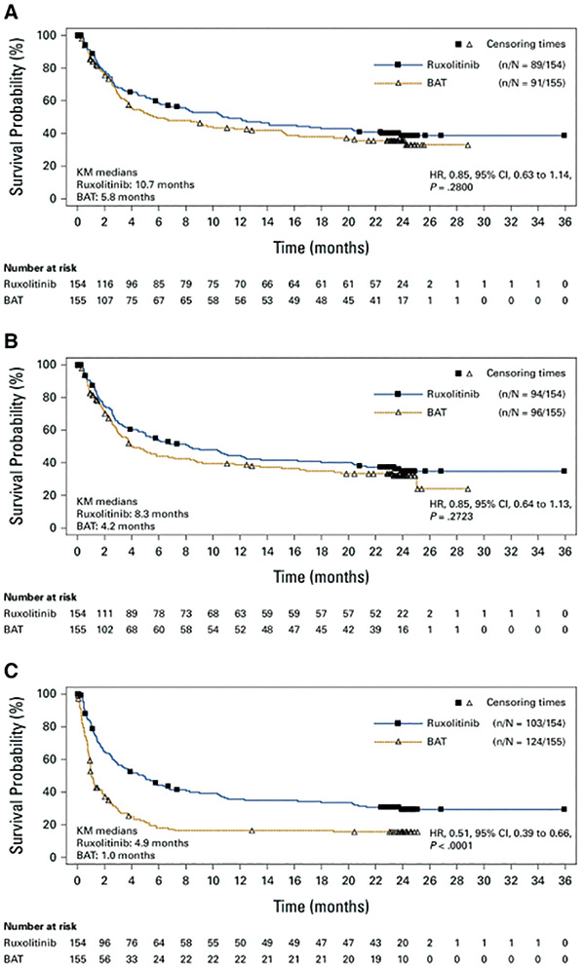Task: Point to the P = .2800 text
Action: point(455,185)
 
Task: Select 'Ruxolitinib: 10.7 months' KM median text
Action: point(136,183)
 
